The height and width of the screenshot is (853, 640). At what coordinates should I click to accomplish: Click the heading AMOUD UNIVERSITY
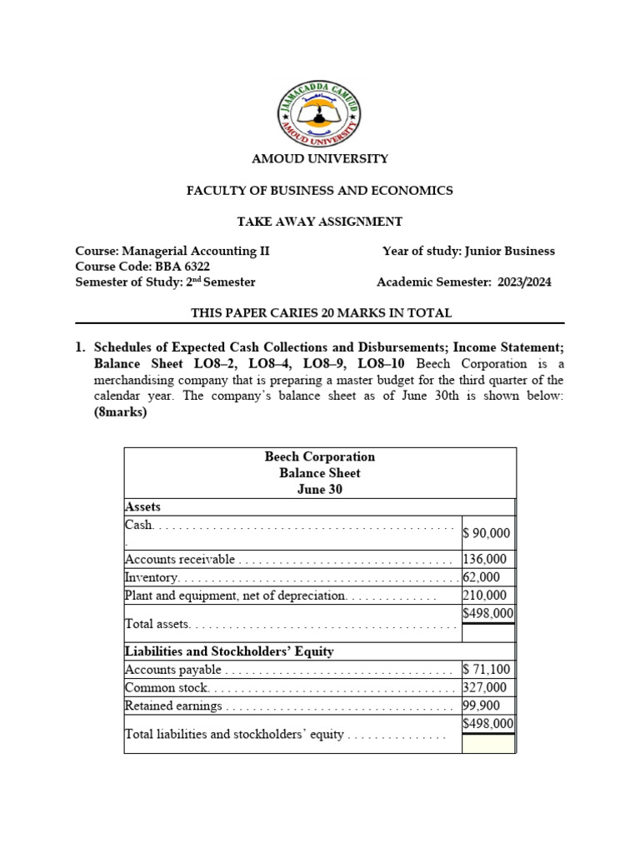[320, 158]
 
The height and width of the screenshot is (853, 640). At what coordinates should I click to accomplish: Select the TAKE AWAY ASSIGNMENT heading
[320, 221]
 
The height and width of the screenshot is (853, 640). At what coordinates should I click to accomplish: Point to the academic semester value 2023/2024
[524, 282]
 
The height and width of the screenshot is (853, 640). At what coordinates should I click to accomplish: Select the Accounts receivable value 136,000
[484, 559]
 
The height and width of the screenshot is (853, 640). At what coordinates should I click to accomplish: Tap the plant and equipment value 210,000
[484, 596]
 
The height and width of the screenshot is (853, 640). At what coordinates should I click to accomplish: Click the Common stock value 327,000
[484, 687]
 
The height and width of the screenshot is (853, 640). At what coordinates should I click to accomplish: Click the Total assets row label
[157, 623]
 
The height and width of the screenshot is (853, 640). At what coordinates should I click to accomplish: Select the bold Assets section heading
[142, 506]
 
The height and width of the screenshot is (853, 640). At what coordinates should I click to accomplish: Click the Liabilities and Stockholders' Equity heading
[229, 651]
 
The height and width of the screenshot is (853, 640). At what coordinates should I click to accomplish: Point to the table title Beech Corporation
[320, 456]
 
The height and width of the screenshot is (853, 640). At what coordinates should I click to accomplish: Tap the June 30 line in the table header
[320, 489]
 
